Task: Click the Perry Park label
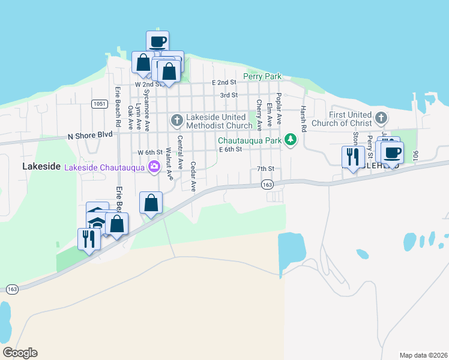click(262, 77)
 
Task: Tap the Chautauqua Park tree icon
click(291, 140)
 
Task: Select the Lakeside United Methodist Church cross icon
click(176, 121)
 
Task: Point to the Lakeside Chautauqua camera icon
click(155, 167)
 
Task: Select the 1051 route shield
click(100, 104)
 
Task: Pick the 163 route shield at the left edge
click(12, 289)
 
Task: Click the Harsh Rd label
click(304, 118)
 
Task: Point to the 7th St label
click(265, 169)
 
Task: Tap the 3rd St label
click(229, 95)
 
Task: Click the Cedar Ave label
click(193, 176)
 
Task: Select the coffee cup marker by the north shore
click(158, 42)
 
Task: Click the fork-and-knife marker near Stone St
click(352, 157)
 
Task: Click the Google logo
click(20, 353)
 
